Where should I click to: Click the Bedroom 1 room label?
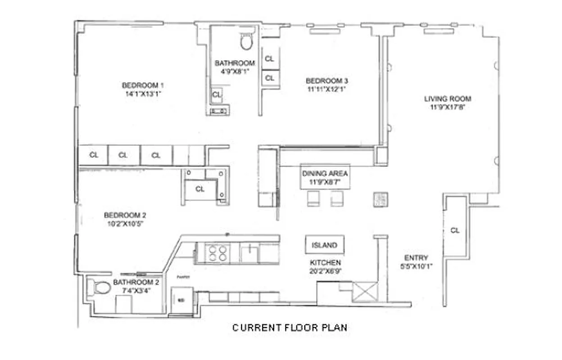click(143, 85)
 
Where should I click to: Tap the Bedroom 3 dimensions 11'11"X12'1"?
click(326, 89)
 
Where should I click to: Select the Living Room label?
click(448, 99)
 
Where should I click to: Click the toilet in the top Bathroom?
click(246, 41)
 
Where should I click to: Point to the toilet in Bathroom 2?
click(101, 288)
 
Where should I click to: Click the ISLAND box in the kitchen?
click(324, 245)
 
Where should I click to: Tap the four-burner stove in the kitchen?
click(217, 253)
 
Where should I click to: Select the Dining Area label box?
click(325, 177)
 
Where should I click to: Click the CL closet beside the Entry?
click(455, 230)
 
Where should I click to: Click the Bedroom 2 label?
click(125, 215)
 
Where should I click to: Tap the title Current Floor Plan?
click(290, 328)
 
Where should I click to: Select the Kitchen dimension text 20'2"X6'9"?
click(325, 270)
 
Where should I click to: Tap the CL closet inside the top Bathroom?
click(217, 94)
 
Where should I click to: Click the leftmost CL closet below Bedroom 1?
click(94, 155)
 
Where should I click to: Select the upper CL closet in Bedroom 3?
click(269, 59)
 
